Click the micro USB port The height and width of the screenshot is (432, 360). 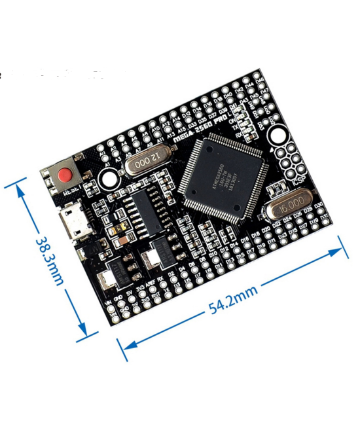[73, 223]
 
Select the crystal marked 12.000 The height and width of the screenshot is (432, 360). [148, 161]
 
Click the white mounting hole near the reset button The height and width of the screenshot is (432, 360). [109, 175]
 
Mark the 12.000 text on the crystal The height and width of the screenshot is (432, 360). [148, 160]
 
